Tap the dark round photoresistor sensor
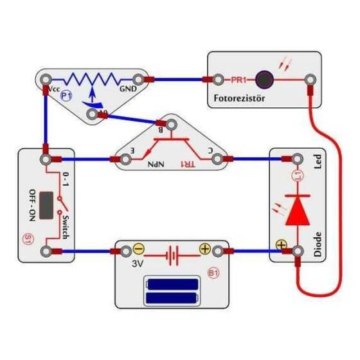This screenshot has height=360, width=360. (x=263, y=80)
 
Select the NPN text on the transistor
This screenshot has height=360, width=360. (x=156, y=165)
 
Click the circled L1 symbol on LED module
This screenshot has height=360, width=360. (x=297, y=175)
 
